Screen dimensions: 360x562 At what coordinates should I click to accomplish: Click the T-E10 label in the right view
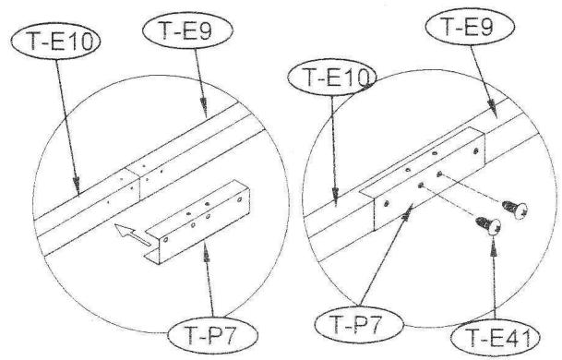(326, 78)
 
